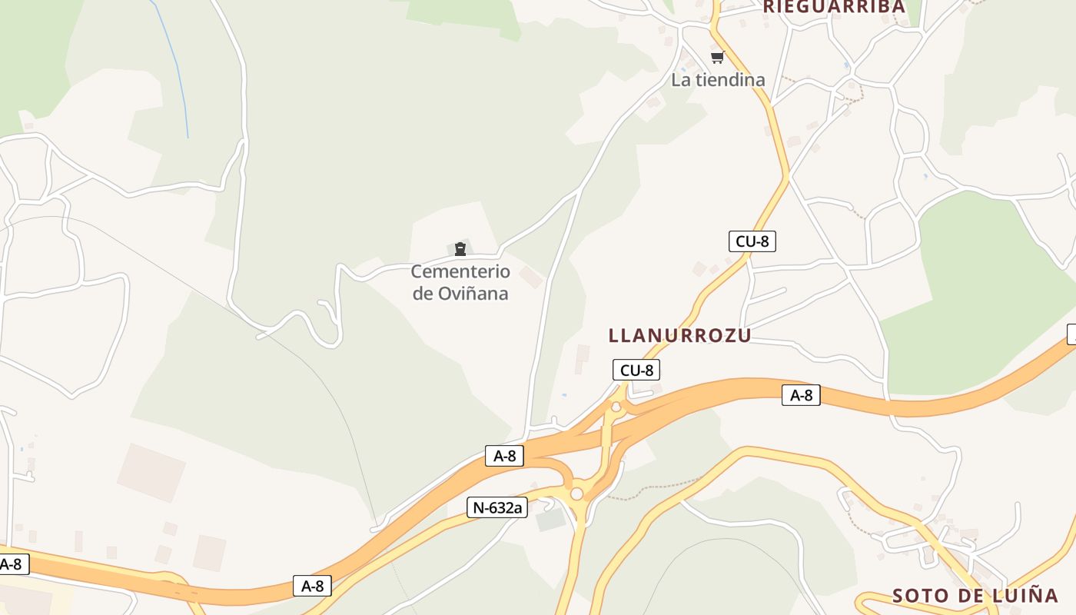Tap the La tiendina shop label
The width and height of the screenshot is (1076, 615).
pos(718,79)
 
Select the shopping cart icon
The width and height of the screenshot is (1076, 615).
pos(718,57)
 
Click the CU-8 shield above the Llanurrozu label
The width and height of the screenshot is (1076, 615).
pos(752,241)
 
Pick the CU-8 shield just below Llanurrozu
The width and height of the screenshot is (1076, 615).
pos(636,371)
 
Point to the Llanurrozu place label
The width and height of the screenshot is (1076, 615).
pos(679,335)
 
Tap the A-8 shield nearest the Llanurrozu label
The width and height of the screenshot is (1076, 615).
pos(801,395)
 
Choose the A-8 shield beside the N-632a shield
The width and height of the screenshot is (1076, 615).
pos(504,456)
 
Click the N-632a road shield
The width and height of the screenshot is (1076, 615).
pos(496,507)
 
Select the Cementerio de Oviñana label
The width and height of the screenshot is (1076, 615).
pos(460,282)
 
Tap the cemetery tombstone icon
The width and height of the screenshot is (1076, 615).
pos(460,248)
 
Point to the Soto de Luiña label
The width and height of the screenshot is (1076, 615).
pos(975,595)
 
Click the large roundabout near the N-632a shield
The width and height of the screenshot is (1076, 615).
pos(576,494)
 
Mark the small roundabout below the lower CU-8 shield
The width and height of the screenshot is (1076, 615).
pos(616,407)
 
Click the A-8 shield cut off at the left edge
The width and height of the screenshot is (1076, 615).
pos(13,564)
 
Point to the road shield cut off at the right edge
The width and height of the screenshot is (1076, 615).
pos(1071,334)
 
